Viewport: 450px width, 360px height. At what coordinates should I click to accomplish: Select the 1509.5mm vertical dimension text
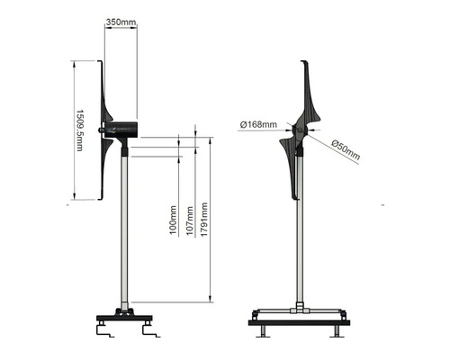(x=79, y=130)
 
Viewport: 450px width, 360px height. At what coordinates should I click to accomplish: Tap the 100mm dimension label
(x=172, y=218)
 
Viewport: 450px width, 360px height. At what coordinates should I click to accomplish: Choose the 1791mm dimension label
(x=205, y=219)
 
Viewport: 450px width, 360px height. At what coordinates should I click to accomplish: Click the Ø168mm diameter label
(x=258, y=124)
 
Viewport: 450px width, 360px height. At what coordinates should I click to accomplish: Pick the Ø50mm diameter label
(x=346, y=150)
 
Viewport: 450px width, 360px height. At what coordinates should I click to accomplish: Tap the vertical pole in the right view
(x=300, y=234)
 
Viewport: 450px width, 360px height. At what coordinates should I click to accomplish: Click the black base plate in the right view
(x=299, y=321)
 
